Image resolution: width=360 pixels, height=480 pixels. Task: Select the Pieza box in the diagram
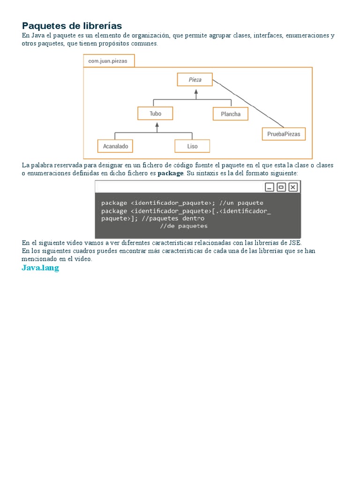point(195,79)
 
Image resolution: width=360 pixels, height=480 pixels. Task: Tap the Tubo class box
point(155,113)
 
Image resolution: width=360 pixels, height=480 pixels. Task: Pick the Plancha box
point(230,114)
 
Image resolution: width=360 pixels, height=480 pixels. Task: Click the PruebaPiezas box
point(284,134)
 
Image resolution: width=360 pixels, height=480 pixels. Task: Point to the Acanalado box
point(115,146)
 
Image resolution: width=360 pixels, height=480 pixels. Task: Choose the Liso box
point(192,146)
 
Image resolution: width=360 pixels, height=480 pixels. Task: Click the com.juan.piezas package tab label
point(109,61)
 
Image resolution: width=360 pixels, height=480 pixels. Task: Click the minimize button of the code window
point(269,187)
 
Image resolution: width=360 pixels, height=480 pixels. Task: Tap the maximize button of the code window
point(281,187)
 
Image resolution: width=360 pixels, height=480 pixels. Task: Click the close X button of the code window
point(293,187)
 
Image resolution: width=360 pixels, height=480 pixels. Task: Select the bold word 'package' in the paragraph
point(170,173)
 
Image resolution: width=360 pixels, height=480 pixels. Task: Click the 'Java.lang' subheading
point(40,268)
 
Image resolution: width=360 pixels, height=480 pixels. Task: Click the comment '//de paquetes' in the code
point(184,226)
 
